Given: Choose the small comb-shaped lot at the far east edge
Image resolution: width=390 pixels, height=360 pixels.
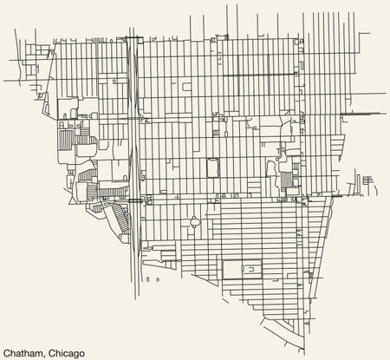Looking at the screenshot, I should (372, 180).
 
